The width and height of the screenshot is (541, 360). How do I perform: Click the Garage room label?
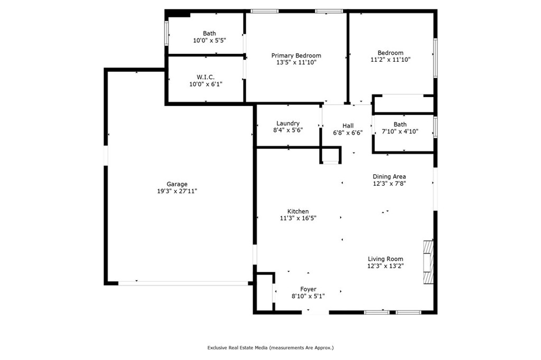pos(177,184)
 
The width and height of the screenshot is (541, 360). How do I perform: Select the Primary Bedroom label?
pos(296,55)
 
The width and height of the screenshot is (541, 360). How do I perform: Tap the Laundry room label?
pos(288,124)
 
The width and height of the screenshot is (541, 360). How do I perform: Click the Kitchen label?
pos(298,211)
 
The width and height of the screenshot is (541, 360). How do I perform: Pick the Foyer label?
pos(308,289)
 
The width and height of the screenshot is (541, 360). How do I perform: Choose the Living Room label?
pos(385,259)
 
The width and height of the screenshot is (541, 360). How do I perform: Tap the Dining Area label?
pos(389,177)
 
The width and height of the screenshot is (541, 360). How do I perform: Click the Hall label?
pos(348,126)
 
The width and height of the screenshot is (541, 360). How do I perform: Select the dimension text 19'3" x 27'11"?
pos(177,191)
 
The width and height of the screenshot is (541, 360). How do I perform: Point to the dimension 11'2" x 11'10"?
pos(390,60)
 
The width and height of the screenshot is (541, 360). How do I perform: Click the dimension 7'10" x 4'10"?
pos(400,131)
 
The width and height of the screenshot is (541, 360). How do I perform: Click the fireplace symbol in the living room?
pos(427,262)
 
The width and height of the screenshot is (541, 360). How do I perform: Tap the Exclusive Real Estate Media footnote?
pos(270,348)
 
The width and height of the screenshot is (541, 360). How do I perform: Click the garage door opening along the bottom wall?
pos(183,283)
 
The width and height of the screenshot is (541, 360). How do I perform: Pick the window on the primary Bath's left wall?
pos(167,32)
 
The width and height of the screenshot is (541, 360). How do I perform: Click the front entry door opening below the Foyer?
pos(315,312)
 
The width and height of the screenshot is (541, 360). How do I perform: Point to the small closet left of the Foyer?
pos(264,293)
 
